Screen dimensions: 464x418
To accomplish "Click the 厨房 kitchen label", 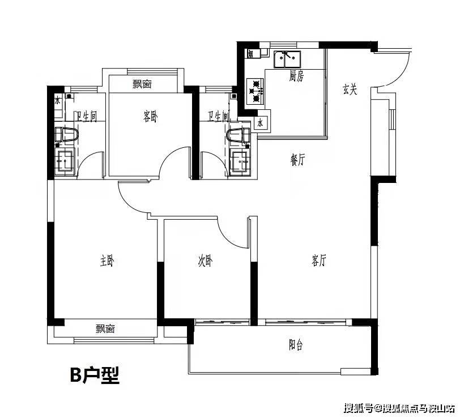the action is tap(296, 76).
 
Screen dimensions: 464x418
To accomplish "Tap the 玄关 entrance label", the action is tap(350, 89).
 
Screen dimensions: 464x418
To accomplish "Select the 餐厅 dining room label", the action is tap(297, 160).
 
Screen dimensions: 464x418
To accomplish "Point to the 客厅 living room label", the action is tap(319, 261).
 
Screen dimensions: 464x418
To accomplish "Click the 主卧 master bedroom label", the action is tap(107, 261).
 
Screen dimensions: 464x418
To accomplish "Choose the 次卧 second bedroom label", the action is tap(205, 261).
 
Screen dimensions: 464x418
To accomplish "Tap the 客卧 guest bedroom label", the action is tap(150, 116).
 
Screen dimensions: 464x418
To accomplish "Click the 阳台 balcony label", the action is tap(296, 345).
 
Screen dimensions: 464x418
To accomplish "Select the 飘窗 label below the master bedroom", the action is tap(105, 329).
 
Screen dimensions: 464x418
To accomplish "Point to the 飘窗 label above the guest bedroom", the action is tap(142, 84).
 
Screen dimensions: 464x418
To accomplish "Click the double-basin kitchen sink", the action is tap(287, 59).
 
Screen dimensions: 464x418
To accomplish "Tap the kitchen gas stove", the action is tap(255, 91).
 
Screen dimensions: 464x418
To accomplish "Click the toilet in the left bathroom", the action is tap(67, 134).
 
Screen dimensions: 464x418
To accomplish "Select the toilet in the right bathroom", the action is tap(238, 135).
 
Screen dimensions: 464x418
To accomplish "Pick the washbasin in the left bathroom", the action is tap(65, 161).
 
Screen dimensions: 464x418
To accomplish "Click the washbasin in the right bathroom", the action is tap(240, 162).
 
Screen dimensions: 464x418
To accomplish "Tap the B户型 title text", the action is tap(95, 375).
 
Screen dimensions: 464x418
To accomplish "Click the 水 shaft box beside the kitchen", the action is tap(261, 122).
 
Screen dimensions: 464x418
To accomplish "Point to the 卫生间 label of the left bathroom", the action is tap(87, 116).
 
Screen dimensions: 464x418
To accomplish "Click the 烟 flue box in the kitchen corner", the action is tap(251, 54).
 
